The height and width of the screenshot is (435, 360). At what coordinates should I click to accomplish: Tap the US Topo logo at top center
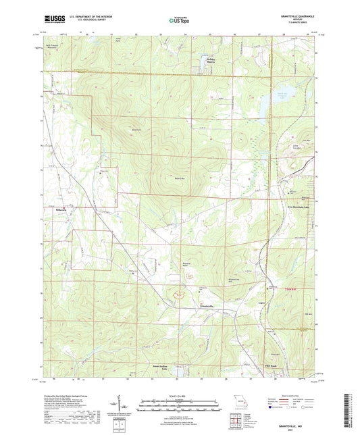179,21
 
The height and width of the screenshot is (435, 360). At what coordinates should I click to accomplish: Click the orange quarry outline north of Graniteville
180,294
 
